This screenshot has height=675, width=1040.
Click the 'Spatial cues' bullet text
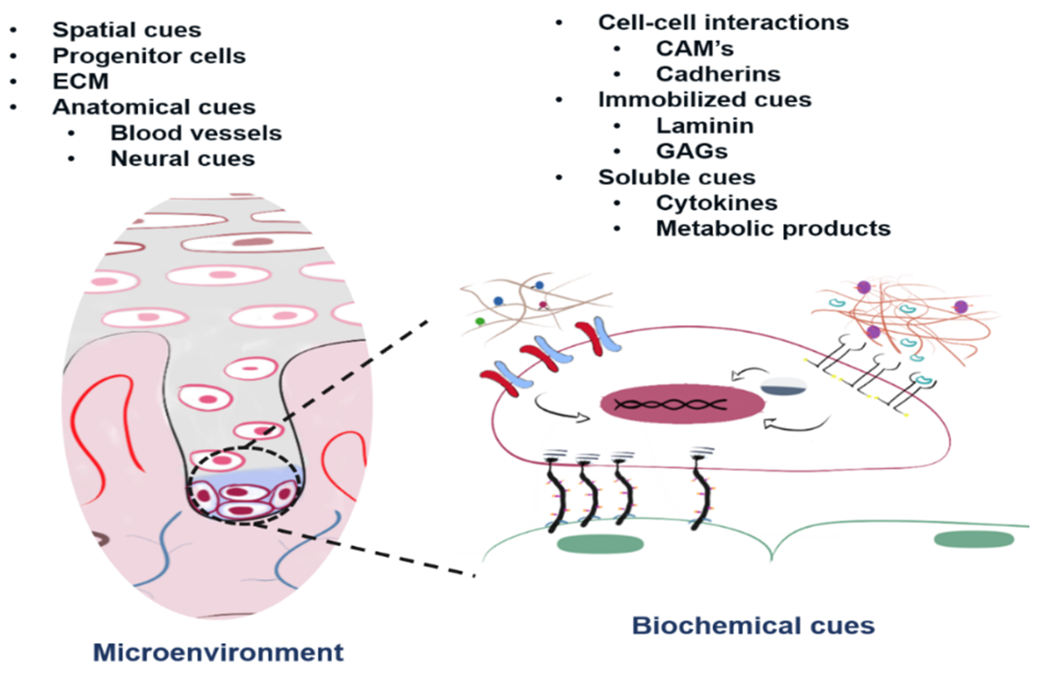tap(127, 30)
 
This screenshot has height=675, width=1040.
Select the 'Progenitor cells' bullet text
tap(149, 56)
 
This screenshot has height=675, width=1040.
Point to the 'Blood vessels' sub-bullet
tap(196, 133)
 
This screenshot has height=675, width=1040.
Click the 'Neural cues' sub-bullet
tap(183, 159)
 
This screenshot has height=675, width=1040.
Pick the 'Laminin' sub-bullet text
tap(705, 126)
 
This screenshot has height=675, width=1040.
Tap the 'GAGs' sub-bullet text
tap(692, 152)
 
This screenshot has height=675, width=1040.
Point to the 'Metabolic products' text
tap(773, 228)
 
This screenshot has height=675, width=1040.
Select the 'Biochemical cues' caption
tap(753, 625)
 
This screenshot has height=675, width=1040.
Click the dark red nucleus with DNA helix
tap(682, 404)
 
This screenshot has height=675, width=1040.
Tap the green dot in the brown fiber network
tap(480, 321)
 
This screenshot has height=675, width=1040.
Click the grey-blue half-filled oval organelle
tap(783, 387)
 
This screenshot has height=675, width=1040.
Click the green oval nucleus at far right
tap(974, 539)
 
